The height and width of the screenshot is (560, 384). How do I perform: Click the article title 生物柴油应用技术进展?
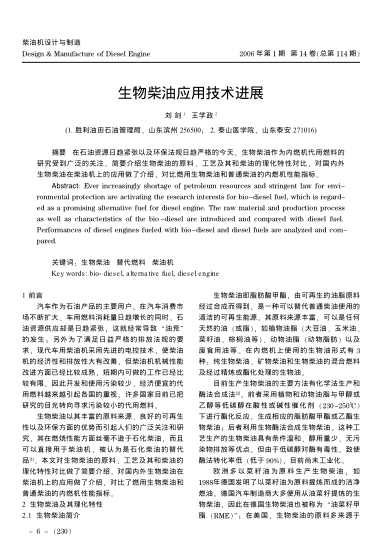click(191, 90)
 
